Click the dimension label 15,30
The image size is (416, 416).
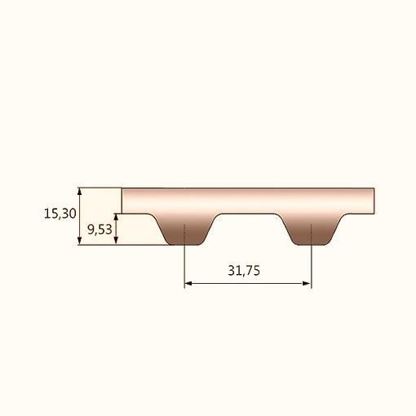point(60,214)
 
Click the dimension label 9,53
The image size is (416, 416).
point(100,230)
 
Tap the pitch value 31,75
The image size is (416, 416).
point(244,271)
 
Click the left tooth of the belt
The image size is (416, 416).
point(184,230)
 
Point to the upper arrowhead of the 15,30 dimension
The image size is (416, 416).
point(79,192)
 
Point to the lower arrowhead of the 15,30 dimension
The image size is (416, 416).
point(79,241)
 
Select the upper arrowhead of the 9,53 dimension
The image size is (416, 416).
point(116,217)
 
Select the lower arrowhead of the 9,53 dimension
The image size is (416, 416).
point(116,241)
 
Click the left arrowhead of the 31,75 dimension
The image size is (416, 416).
point(188,284)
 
